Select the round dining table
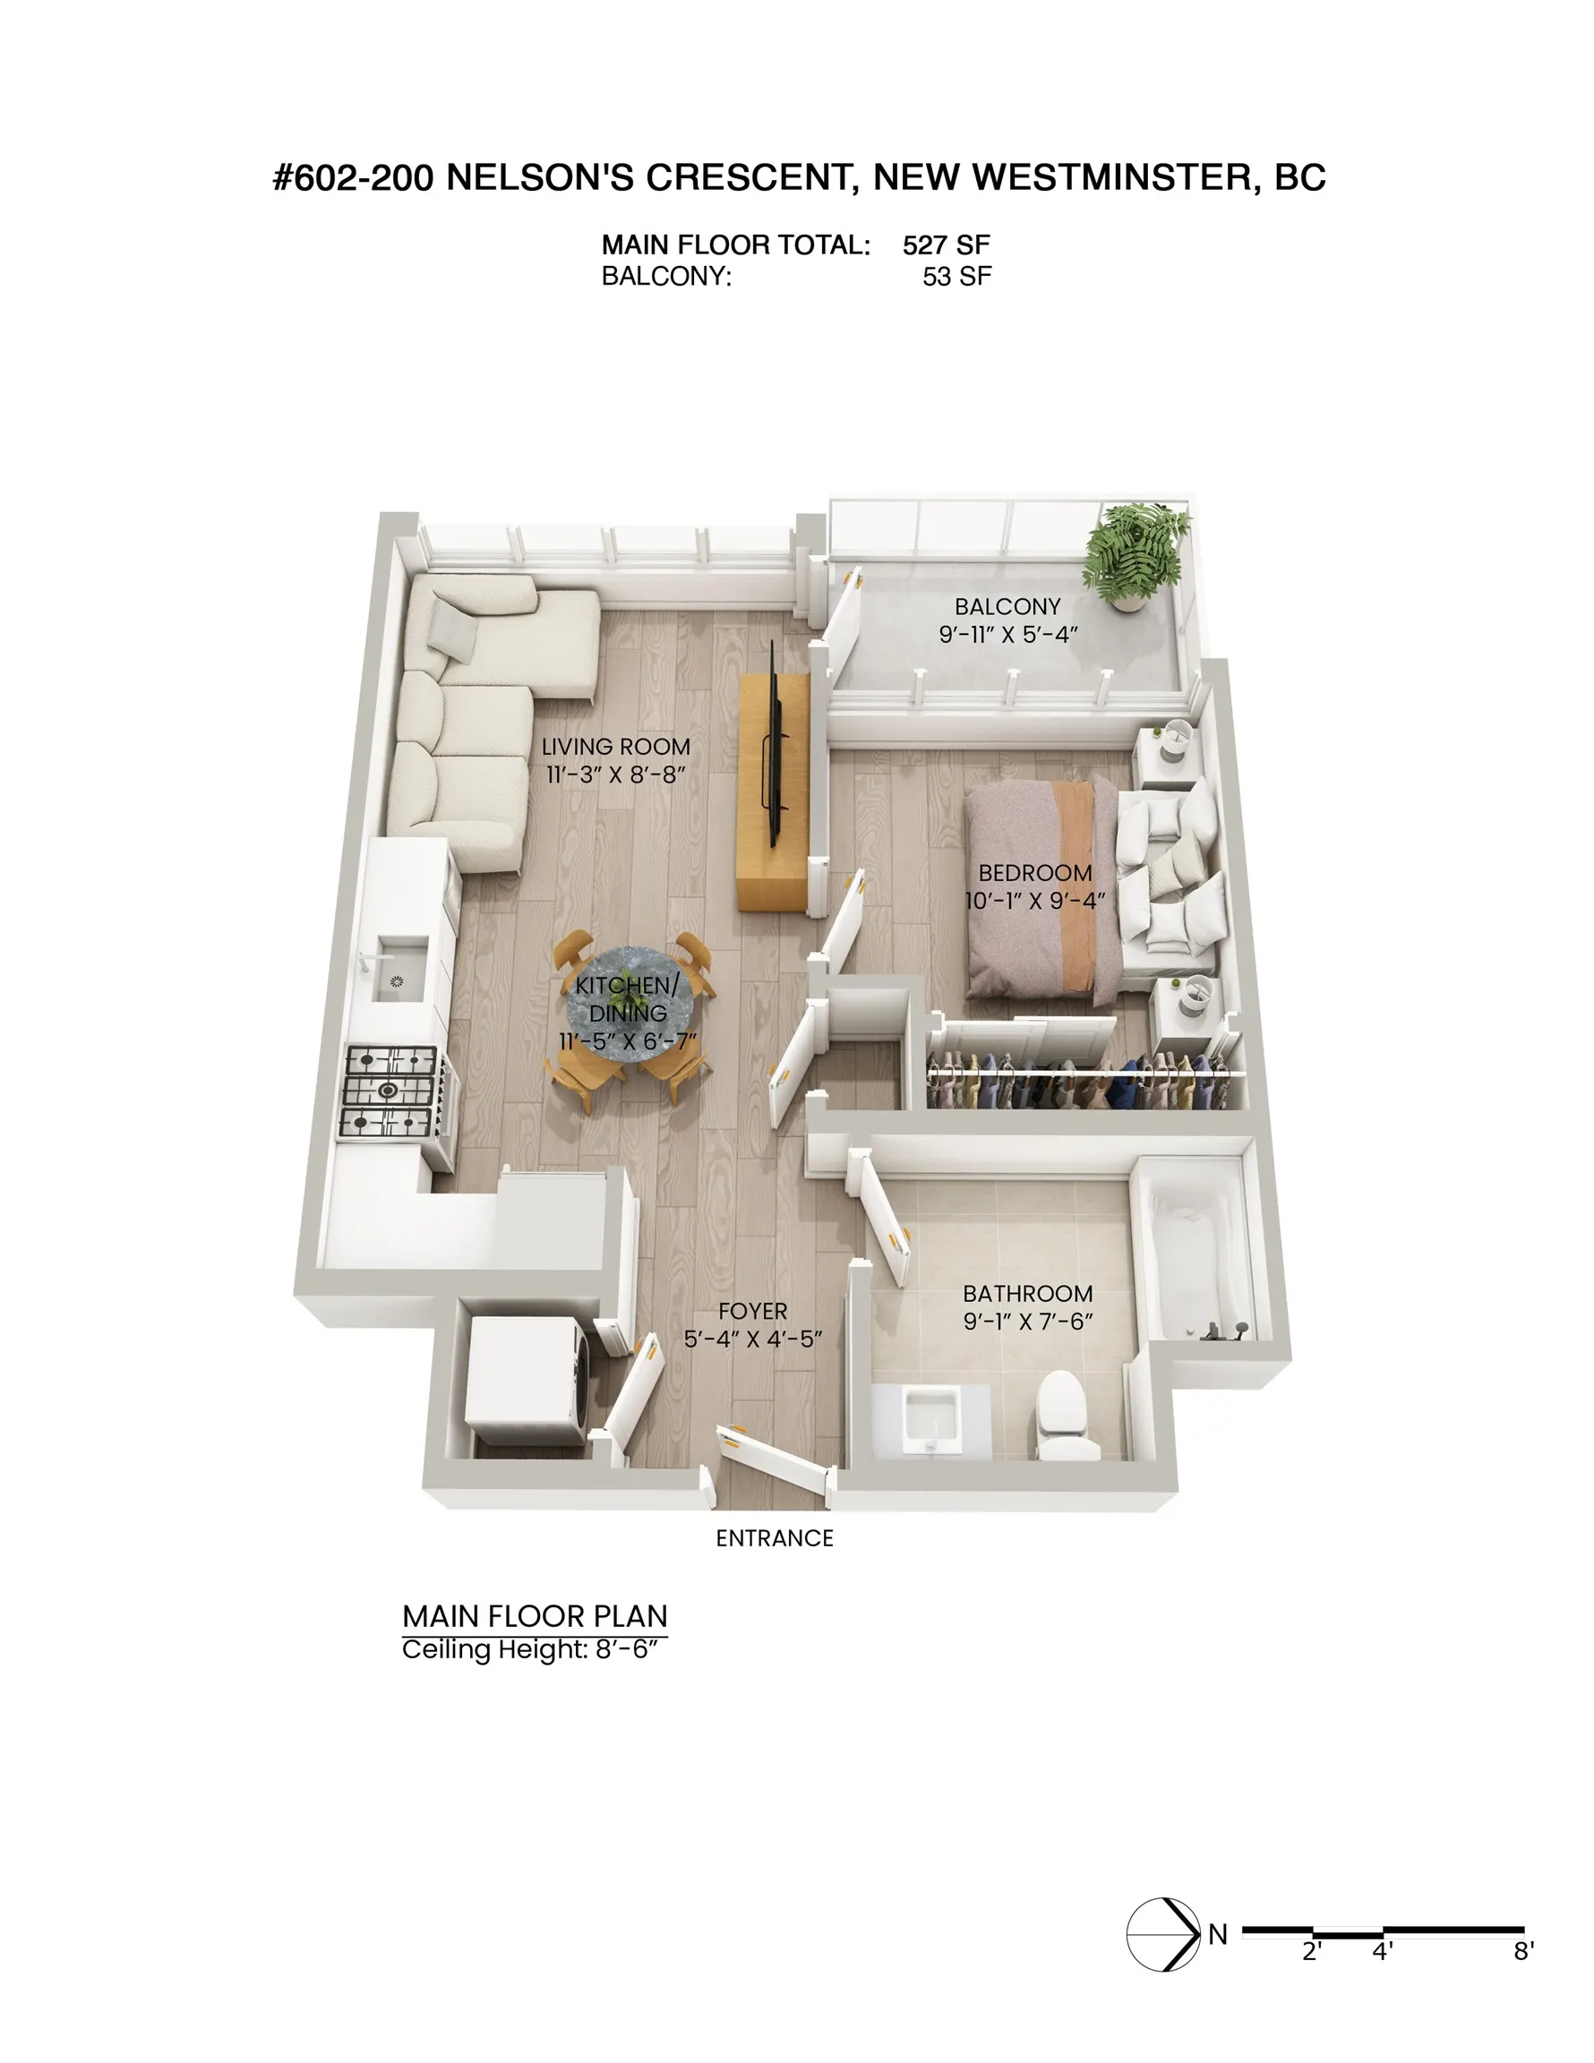[628, 1010]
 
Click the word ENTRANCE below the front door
[775, 1539]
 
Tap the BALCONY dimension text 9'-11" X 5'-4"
[1008, 635]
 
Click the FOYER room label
[753, 1311]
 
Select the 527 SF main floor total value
[946, 245]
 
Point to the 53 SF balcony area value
[957, 277]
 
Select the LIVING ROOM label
[616, 747]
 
